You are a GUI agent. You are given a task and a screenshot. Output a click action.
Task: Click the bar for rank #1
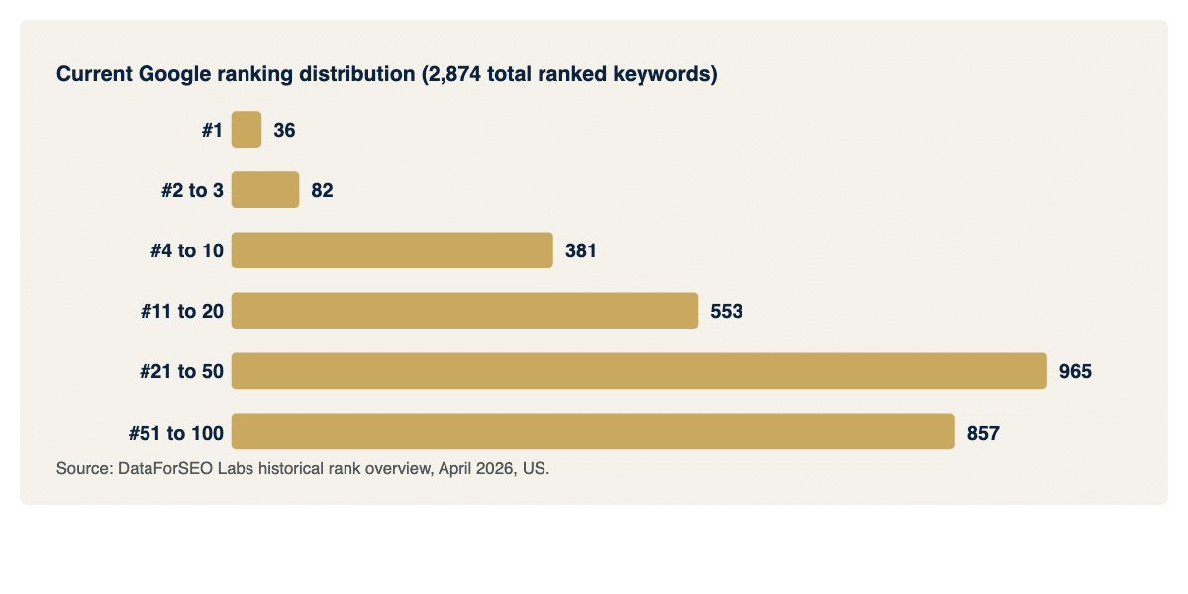pos(247,130)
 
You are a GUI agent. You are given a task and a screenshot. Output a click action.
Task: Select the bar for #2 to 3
pos(265,190)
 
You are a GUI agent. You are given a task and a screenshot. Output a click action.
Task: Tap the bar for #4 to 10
pos(392,250)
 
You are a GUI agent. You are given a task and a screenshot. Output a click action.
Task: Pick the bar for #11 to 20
pos(464,311)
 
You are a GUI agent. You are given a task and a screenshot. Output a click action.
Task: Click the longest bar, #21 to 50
pos(639,371)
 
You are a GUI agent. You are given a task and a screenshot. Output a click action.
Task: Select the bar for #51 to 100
pos(593,432)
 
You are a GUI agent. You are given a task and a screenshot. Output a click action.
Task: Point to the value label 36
pos(284,130)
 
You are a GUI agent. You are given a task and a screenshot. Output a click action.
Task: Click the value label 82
pos(322,190)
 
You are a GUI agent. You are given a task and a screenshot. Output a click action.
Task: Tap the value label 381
pos(581,250)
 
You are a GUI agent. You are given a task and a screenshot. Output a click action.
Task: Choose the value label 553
pos(726,311)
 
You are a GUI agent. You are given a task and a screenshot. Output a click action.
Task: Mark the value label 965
pos(1075,371)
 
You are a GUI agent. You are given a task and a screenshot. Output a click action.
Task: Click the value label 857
pos(983,432)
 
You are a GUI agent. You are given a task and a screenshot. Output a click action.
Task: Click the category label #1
pos(212,130)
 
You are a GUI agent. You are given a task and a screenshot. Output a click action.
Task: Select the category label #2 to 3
pos(192,190)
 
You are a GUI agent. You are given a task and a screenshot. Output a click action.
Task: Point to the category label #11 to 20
pos(182,311)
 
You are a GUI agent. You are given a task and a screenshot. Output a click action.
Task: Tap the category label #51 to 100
pos(176,432)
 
